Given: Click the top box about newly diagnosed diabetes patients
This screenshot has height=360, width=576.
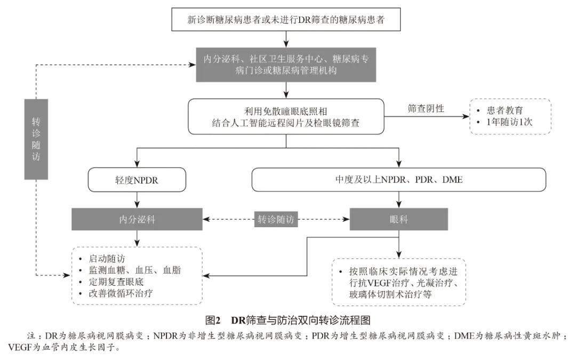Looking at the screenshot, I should (x=287, y=20).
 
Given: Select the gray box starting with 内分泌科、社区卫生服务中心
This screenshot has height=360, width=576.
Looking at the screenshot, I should (x=286, y=64).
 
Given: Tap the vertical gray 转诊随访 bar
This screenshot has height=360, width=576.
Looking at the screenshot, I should (x=36, y=139).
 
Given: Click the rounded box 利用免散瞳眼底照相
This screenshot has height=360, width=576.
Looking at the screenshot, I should (x=286, y=116).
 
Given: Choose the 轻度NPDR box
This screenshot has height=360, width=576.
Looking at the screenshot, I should (x=138, y=180).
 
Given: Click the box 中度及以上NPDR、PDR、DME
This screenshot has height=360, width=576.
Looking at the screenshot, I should (x=398, y=180).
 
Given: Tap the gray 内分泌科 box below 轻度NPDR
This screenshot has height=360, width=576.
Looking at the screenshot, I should (x=138, y=219).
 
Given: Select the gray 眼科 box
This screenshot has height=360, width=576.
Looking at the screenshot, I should (x=398, y=219).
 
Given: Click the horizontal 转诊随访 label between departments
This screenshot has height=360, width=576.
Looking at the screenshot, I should (x=276, y=219).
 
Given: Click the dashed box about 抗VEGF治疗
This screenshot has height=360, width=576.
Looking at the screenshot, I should (x=398, y=282).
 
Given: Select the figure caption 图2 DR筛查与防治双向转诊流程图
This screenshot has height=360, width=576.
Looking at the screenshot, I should (x=288, y=321).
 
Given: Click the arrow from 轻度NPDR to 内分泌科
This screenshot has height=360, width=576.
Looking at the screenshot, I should (x=138, y=200).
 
